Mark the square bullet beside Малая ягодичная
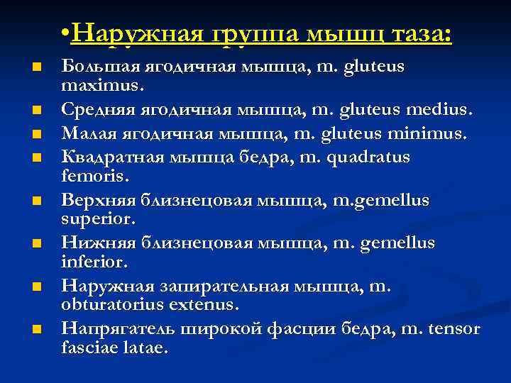pyautogui.click(x=36, y=133)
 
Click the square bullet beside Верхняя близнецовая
pyautogui.click(x=36, y=200)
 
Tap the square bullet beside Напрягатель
pyautogui.click(x=36, y=330)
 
